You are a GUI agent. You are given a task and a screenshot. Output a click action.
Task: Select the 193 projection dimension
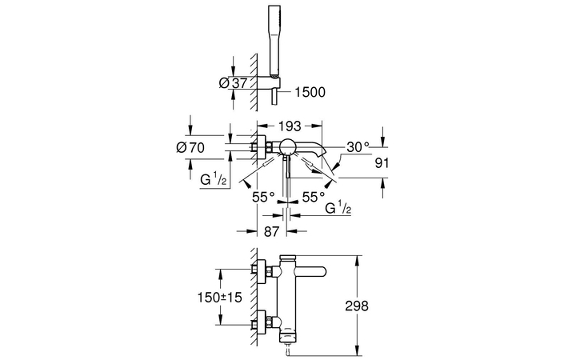290,126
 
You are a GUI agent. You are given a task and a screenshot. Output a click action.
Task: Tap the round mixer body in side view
286,146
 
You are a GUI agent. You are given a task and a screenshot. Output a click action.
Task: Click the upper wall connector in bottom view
260,270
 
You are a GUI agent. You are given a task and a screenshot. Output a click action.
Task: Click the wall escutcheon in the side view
259,146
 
